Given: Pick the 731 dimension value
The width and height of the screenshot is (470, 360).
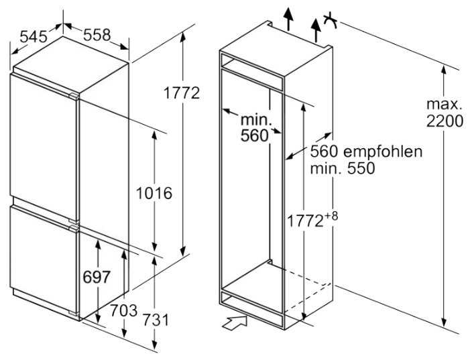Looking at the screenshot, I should click(x=156, y=320).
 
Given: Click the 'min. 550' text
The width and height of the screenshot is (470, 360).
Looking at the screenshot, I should click(x=342, y=168).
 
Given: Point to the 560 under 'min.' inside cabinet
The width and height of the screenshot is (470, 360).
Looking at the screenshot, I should click(x=254, y=135).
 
